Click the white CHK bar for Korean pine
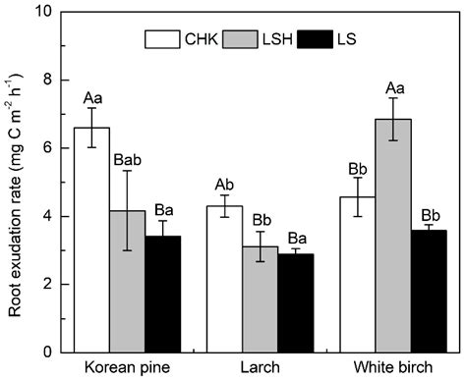92,240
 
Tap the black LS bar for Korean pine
164,294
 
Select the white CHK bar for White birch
356,274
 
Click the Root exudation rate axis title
14,182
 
